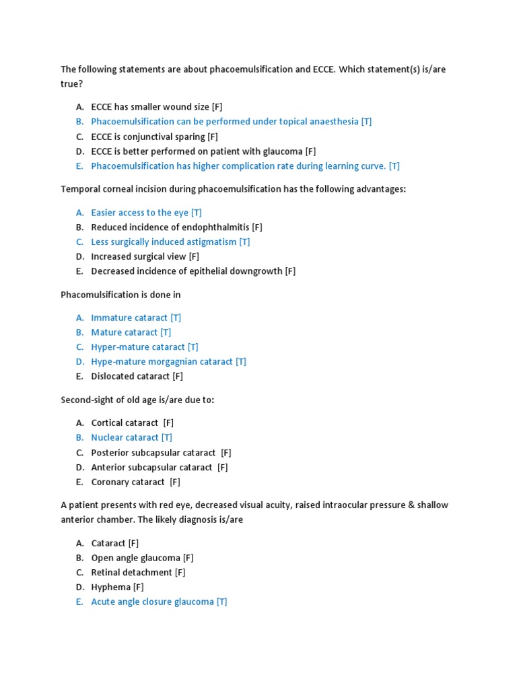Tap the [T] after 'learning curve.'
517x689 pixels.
click(394, 166)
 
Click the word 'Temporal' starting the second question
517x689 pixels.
click(80, 189)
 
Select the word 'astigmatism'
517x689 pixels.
click(211, 242)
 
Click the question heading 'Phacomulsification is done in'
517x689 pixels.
click(120, 295)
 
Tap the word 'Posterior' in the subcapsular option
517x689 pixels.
click(110, 453)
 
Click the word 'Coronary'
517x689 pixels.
click(110, 482)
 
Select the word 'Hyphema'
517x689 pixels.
click(110, 587)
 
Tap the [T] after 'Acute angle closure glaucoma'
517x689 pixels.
click(221, 602)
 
